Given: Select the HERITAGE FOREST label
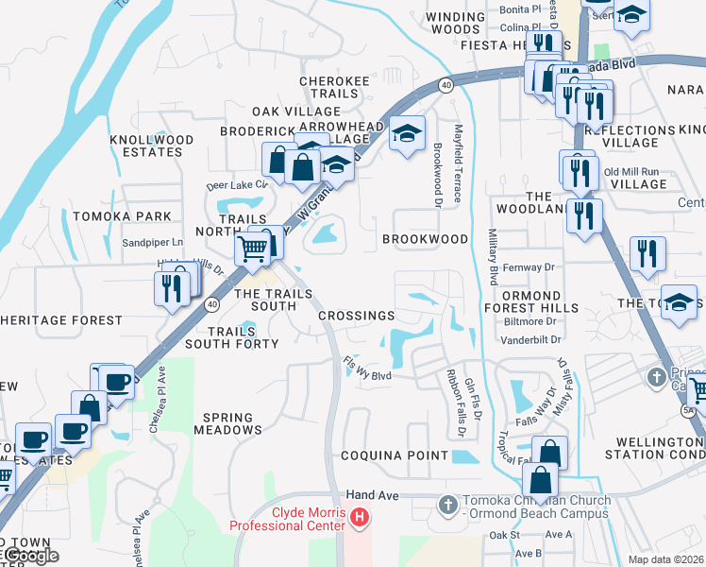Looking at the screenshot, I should (x=60, y=320).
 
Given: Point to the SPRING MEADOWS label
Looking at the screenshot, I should (x=227, y=423).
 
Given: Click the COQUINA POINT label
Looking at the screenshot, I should (x=395, y=455).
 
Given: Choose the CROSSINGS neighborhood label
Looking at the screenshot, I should (x=356, y=316).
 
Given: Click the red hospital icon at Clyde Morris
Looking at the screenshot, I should (x=359, y=517).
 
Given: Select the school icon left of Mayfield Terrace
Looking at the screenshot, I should (x=408, y=134).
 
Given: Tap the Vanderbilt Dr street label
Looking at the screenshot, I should (x=530, y=339).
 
